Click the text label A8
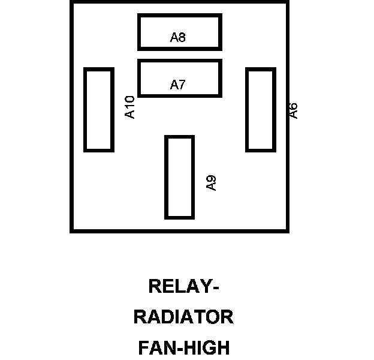coord(178,38)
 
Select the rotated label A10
coord(130,107)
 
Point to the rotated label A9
coord(211,183)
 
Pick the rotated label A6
coord(293,110)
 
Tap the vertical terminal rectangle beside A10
coord(99,110)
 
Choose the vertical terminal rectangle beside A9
coord(179,177)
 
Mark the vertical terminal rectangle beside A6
coord(261,110)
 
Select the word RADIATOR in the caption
coord(183,317)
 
